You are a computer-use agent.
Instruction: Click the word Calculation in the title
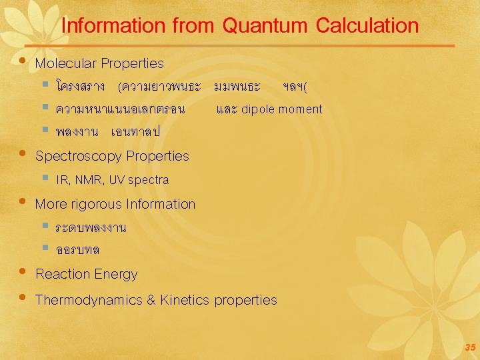point(367,26)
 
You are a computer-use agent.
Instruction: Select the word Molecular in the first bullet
point(65,64)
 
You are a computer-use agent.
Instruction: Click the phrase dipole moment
point(281,109)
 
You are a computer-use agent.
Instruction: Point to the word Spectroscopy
point(79,157)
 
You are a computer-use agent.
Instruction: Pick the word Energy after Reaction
point(115,274)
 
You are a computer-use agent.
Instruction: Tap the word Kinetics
point(185,300)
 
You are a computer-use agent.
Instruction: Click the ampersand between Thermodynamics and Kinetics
point(151,300)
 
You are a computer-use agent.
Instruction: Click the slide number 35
point(470,347)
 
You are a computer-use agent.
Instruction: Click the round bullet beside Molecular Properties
point(23,61)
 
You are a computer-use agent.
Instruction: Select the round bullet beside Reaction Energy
point(23,272)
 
